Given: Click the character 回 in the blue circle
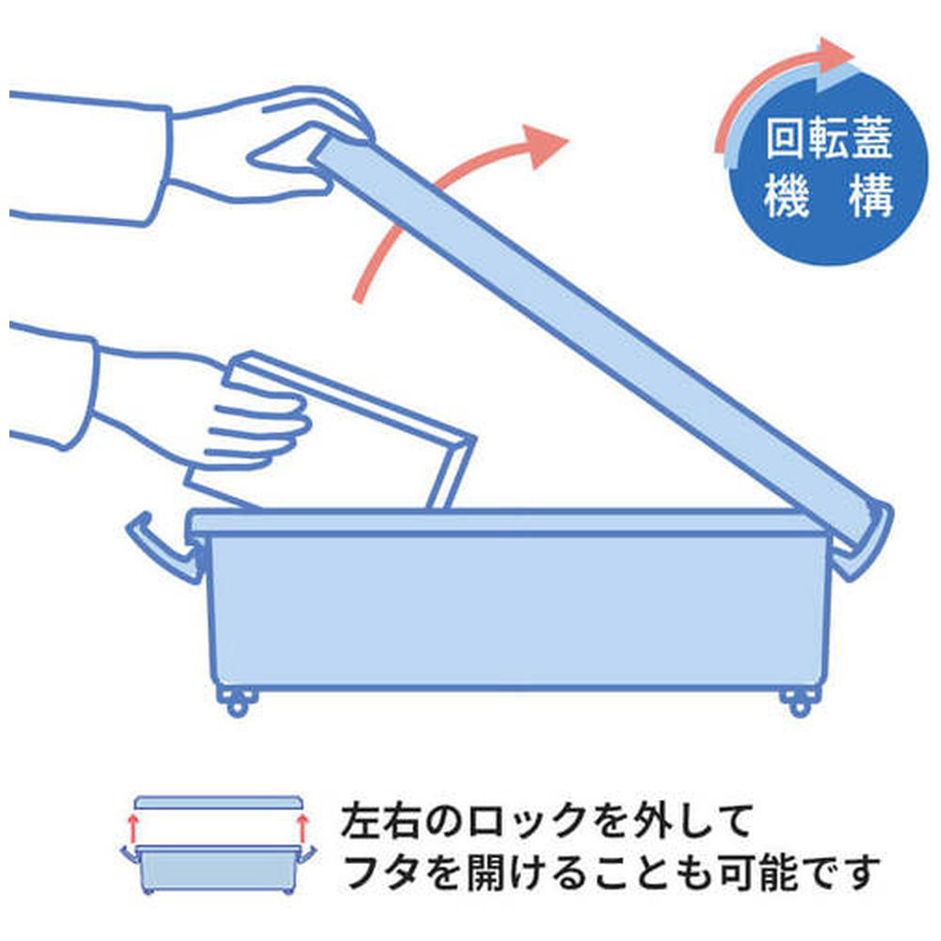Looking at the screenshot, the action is click(786, 138).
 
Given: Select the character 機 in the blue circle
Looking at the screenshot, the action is click(786, 196).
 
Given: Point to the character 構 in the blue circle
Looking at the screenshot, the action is click(872, 196).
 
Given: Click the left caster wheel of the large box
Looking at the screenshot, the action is click(237, 702).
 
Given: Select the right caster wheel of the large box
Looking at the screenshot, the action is click(799, 702).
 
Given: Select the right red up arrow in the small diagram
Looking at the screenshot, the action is click(302, 828).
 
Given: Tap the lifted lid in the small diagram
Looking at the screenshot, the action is click(218, 803).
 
